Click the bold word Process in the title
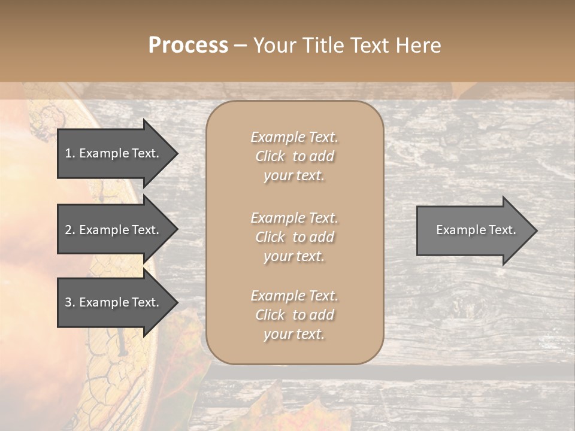[x=188, y=45]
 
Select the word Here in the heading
[x=417, y=45]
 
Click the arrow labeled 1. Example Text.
[x=114, y=153]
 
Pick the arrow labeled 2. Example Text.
[x=114, y=230]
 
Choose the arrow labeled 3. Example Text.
[x=114, y=302]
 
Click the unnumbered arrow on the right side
[x=473, y=230]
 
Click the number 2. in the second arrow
[x=70, y=230]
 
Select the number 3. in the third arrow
[x=70, y=302]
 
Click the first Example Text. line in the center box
[x=294, y=137]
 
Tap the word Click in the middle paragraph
[x=270, y=237]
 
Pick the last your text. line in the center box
[x=294, y=334]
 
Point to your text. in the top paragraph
[x=294, y=175]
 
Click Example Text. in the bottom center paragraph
[x=294, y=296]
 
